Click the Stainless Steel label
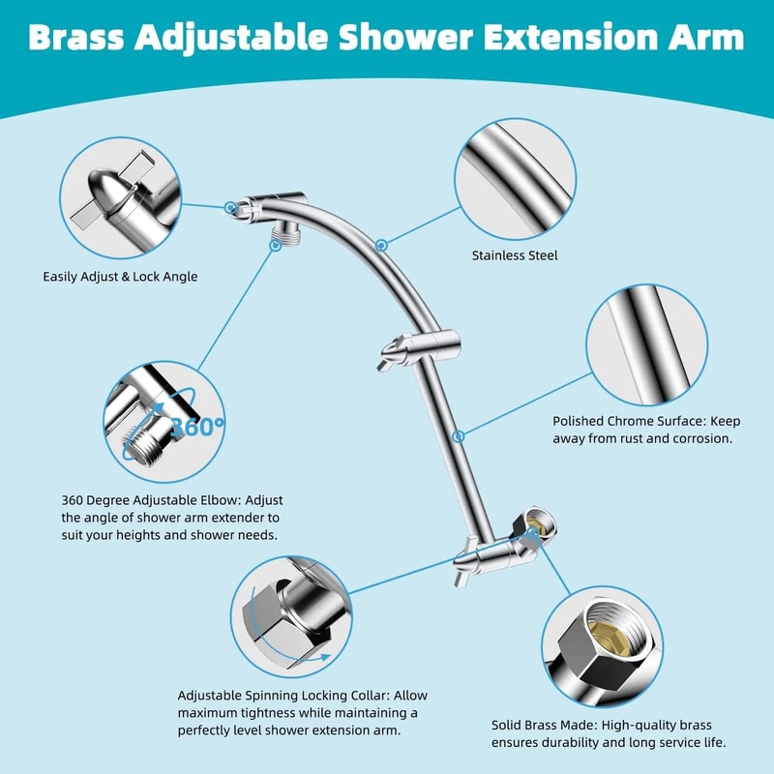click(515, 256)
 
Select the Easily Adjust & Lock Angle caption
click(120, 277)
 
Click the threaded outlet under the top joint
click(287, 231)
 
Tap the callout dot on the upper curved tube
click(383, 245)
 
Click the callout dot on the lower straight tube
click(463, 435)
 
